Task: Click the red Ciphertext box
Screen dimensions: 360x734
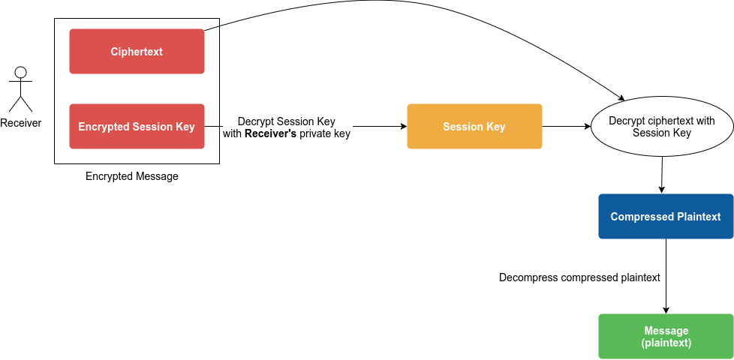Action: [137, 52]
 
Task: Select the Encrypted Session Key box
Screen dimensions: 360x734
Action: [137, 127]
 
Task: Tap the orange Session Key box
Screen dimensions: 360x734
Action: [474, 127]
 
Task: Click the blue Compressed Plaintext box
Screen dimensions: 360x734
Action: [666, 217]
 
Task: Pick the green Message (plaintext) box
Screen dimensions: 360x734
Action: [666, 337]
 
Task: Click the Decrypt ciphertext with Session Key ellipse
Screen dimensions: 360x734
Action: [662, 127]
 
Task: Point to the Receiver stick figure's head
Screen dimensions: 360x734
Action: [21, 73]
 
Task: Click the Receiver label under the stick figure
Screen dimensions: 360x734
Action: [21, 123]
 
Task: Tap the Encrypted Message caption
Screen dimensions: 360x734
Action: [132, 176]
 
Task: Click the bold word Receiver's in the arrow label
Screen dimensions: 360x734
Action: [271, 134]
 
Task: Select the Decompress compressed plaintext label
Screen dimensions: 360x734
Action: [579, 277]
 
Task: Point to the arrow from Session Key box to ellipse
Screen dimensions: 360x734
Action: [566, 127]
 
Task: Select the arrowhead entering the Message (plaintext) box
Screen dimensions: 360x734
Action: [666, 310]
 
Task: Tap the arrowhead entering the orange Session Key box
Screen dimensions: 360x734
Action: [402, 127]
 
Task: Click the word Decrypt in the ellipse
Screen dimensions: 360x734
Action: [626, 121]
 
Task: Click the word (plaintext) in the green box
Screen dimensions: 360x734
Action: [666, 343]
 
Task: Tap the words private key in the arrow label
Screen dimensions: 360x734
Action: [325, 134]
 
